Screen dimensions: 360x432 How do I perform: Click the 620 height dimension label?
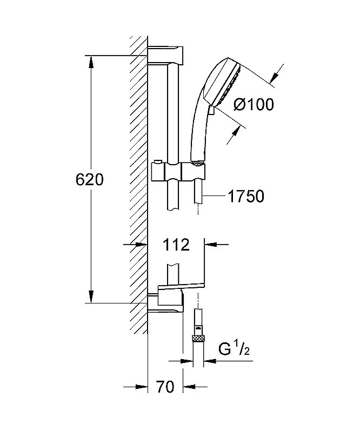pos(90,180)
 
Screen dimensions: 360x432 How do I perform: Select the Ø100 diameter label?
pos(254,104)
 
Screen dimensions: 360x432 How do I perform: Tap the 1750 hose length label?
pos(246,196)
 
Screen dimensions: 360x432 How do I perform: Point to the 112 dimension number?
pos(176,245)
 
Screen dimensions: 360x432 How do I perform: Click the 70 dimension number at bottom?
pos(165,387)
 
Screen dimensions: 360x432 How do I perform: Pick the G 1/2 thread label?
pos(234,349)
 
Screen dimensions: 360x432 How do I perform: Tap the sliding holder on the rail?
pos(178,172)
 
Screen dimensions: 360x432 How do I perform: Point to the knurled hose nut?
pos(198,339)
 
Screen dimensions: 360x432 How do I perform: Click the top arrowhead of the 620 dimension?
pos(91,62)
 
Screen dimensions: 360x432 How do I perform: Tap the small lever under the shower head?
pos(211,110)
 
